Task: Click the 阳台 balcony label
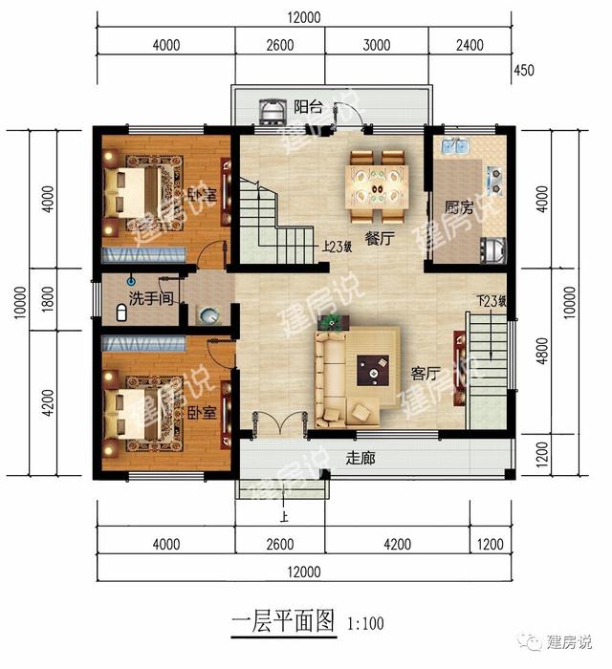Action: coord(308,107)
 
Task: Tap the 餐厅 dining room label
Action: coord(381,240)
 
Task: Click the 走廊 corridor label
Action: coord(360,458)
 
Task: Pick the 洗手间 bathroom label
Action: coord(152,296)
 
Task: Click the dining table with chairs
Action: coord(379,178)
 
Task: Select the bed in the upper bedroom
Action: coord(143,188)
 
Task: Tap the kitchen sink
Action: coord(451,149)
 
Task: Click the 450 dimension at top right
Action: coord(524,69)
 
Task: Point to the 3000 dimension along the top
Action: coord(377,45)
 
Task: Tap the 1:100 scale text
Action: coord(366,624)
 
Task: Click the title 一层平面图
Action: coord(284,622)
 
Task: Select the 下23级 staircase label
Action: coord(490,302)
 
